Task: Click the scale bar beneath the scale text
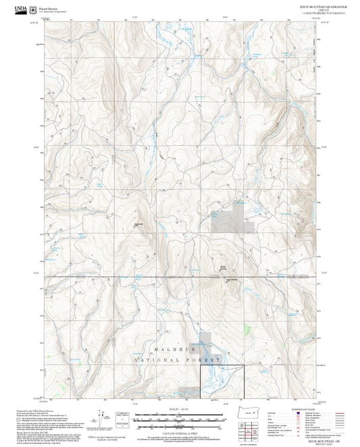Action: click(179, 414)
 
